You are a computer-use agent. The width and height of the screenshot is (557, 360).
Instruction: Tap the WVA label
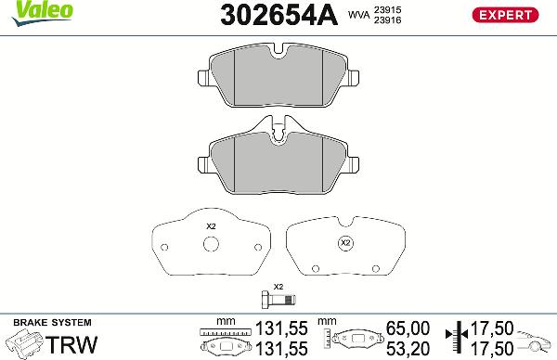pos(358,16)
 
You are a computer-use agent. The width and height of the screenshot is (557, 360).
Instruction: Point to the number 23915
pos(387,8)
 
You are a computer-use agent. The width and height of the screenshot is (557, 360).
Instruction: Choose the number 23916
pos(387,20)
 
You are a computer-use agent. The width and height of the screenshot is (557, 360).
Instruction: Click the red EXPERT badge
pos(507,14)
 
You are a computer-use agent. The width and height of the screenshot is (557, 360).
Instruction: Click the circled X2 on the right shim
pos(345,243)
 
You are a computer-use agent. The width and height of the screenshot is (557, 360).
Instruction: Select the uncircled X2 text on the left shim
pos(210,227)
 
